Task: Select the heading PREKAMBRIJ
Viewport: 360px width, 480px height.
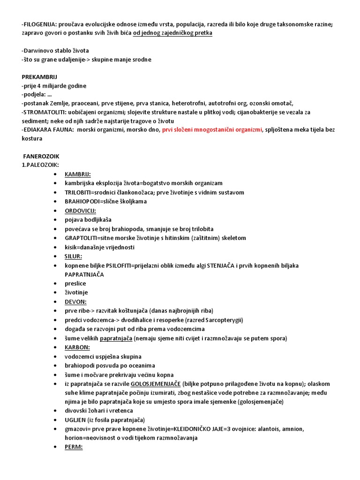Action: [x=40, y=77]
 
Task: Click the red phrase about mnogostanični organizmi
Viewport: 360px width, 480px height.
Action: [x=212, y=130]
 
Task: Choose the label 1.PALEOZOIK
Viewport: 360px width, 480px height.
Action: [x=40, y=165]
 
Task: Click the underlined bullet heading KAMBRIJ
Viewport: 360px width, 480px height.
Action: [x=78, y=174]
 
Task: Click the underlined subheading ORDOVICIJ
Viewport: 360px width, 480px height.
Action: [x=80, y=211]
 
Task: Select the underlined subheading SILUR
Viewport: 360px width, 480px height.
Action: [x=74, y=256]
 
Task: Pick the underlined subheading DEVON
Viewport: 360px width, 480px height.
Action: [x=75, y=302]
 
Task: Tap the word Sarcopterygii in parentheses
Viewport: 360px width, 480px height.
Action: [x=220, y=320]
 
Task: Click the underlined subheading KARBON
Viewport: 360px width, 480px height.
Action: [x=77, y=347]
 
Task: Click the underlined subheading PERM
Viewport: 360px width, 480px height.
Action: [x=74, y=447]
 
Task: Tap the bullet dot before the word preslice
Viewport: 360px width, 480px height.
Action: [x=55, y=284]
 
